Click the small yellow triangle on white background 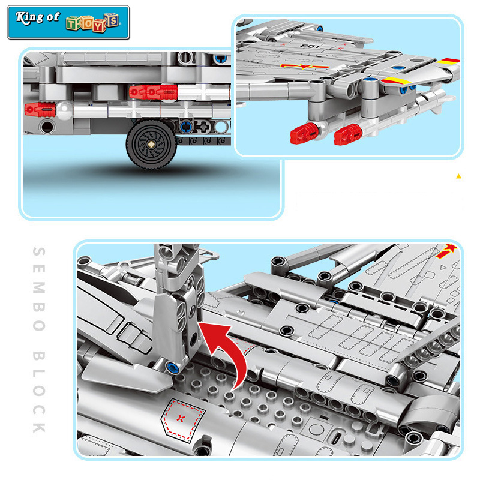[x=459, y=176]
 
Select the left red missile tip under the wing [x=304, y=134]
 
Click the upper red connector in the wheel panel [x=154, y=91]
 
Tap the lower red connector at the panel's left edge [x=40, y=109]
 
